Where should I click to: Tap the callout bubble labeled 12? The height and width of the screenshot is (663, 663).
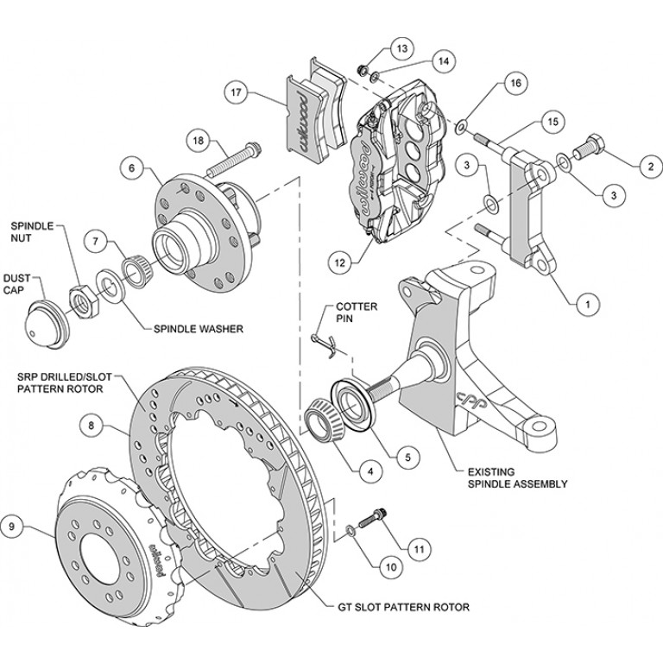point(341,256)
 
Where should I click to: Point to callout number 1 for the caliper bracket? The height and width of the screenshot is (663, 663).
point(587,303)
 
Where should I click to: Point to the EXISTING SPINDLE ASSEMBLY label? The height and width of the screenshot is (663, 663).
point(517,477)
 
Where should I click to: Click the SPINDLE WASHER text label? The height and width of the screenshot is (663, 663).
point(196,329)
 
